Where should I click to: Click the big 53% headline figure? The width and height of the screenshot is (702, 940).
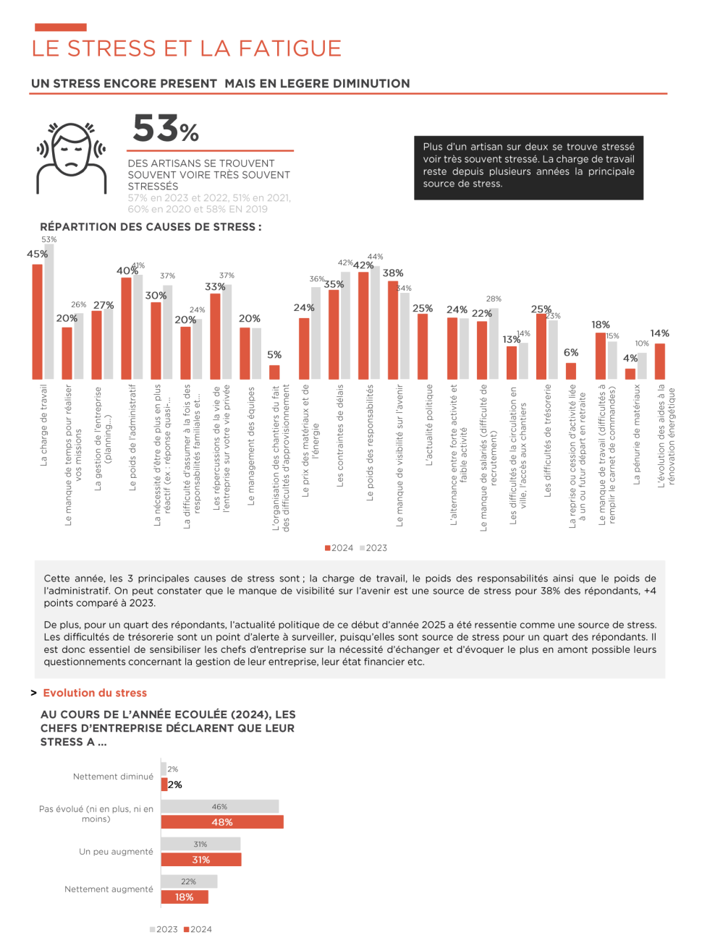click(165, 129)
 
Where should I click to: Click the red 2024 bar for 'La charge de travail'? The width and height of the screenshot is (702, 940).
click(38, 322)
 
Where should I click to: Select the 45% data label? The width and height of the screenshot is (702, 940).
click(37, 255)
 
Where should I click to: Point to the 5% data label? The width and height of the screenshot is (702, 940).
click(274, 355)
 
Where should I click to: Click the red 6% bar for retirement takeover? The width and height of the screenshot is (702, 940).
click(571, 371)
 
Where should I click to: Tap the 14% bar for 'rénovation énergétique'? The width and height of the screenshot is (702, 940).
click(660, 361)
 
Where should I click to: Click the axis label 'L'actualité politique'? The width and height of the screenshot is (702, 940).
click(429, 424)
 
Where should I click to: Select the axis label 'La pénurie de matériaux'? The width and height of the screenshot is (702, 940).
click(637, 434)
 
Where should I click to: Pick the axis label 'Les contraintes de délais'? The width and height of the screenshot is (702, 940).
click(340, 435)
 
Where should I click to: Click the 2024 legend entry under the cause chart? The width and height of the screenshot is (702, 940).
click(339, 548)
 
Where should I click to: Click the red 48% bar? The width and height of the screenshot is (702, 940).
click(222, 822)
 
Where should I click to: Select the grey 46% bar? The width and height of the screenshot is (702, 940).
click(219, 806)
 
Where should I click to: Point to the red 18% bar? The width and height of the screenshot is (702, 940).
click(185, 897)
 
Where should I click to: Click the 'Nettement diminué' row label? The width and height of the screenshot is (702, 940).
click(113, 777)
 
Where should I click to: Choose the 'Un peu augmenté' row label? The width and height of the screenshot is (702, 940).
click(116, 852)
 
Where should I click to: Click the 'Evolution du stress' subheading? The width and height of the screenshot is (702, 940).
click(95, 693)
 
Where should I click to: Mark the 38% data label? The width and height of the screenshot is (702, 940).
click(393, 273)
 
